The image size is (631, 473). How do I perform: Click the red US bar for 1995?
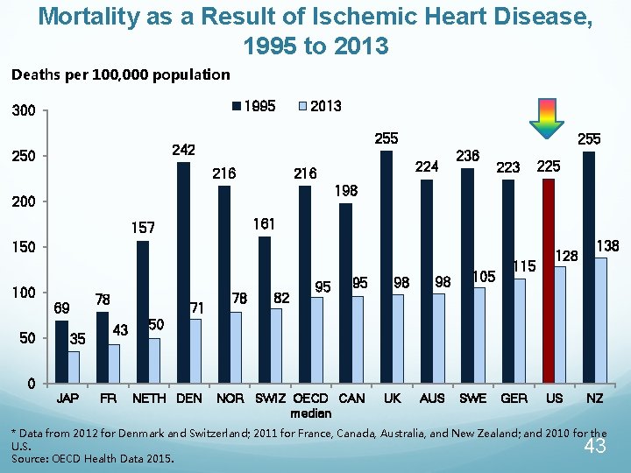tap(549, 280)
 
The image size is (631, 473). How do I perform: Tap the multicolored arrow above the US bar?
tap(548, 118)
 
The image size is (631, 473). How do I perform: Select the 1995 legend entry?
tap(253, 106)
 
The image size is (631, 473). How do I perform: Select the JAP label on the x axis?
tap(67, 399)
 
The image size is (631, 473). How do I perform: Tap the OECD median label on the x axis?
tap(311, 406)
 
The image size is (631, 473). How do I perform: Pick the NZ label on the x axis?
tap(595, 399)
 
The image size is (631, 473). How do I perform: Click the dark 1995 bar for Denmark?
tap(183, 272)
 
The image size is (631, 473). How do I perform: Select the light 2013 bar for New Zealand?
tap(600, 320)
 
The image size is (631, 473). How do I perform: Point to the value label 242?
tap(183, 151)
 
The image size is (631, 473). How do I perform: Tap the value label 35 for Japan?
tap(77, 339)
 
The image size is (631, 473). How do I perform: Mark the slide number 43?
tap(595, 448)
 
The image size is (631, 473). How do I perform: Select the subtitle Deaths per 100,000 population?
tap(121, 75)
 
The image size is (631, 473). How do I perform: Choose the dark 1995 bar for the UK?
tap(386, 266)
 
